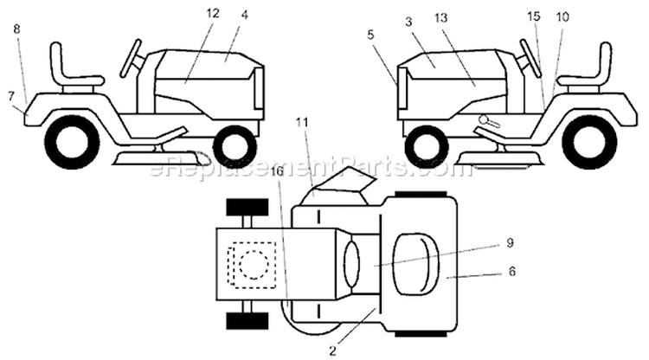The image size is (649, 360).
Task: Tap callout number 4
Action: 245,15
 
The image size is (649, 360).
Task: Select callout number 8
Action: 16,29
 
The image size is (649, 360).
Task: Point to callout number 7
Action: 10,96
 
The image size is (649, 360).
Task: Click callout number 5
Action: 370,35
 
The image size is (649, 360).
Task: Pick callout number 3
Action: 409,22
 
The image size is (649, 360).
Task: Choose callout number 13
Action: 441,18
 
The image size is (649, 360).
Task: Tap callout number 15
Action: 534,16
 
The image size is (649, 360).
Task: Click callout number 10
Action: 562,17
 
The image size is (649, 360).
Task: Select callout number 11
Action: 302,122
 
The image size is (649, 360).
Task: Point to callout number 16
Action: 278,171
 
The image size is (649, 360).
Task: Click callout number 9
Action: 510,242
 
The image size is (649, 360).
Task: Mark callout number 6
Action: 512,272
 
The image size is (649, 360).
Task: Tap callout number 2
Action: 332,351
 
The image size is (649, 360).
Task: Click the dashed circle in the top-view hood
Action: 254,264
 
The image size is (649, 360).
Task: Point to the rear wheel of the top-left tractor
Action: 71,142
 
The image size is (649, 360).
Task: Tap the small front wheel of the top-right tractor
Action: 427,147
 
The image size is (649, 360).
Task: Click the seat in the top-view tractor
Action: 415,264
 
